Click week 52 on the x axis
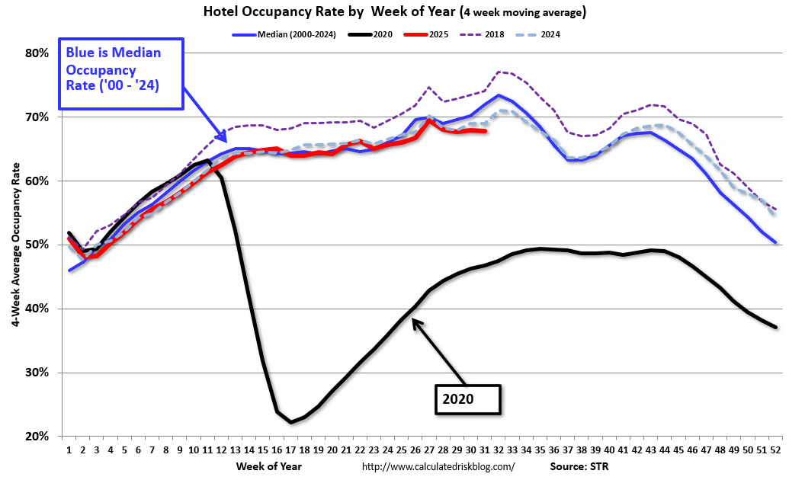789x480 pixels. tap(775, 450)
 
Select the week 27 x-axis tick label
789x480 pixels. tap(430, 450)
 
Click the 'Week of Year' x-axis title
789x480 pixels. tap(268, 466)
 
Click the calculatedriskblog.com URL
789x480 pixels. tap(438, 466)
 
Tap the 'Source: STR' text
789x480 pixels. tap(579, 466)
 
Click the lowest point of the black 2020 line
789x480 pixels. tap(291, 422)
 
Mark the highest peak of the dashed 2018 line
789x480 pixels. tap(499, 72)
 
